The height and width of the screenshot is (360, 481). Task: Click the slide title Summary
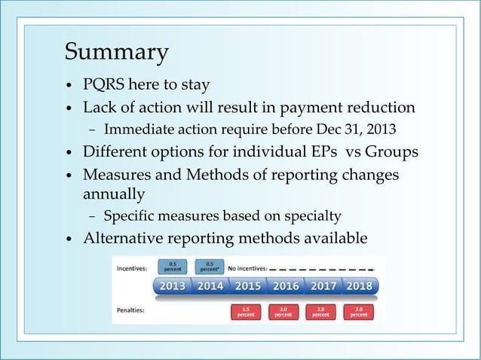pyautogui.click(x=116, y=53)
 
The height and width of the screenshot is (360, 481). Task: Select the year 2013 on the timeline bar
pyautogui.click(x=173, y=286)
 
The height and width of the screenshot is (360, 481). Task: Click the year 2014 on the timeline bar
pyautogui.click(x=210, y=286)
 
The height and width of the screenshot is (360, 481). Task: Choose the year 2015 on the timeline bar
pyautogui.click(x=247, y=286)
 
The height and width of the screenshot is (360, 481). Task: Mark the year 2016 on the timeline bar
pyautogui.click(x=285, y=286)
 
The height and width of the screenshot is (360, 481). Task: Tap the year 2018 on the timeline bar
pyautogui.click(x=360, y=286)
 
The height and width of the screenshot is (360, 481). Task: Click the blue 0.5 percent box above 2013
pyautogui.click(x=173, y=266)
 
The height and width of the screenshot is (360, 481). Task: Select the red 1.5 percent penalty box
pyautogui.click(x=247, y=311)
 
